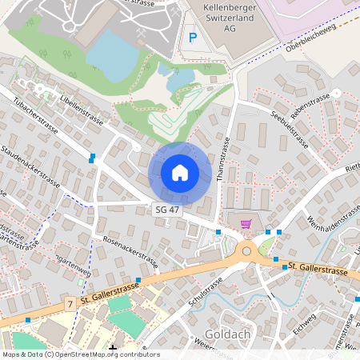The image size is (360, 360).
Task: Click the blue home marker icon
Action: coord(180,173)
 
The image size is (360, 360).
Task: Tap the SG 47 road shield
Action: coord(165,209)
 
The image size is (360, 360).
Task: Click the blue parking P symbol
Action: coord(192,36)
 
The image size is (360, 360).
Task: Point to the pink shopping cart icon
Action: coord(246,225)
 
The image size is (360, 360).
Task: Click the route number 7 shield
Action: coord(70,304)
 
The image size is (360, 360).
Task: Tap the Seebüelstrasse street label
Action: coord(290,129)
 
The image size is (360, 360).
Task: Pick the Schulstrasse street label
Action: coord(204,299)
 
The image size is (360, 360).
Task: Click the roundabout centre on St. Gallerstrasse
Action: coord(246,252)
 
